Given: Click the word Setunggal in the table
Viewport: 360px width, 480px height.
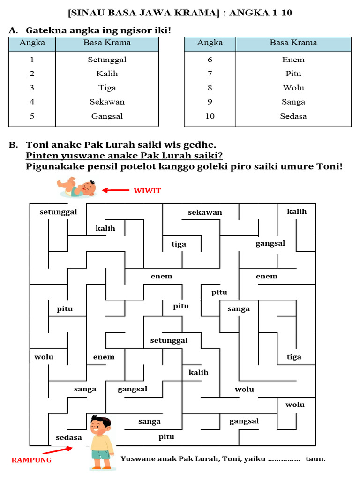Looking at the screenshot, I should (x=107, y=60).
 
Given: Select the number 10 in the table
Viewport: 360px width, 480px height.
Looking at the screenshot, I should (x=210, y=116).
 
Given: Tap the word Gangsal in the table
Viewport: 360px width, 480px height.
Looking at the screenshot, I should (x=107, y=116).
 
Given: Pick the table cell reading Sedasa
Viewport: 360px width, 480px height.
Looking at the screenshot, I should (x=293, y=116).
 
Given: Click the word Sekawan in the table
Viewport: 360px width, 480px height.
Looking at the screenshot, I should (x=107, y=102).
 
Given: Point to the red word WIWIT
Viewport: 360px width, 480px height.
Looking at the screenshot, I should (x=147, y=190).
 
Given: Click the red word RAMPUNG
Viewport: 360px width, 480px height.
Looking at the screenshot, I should (x=31, y=460).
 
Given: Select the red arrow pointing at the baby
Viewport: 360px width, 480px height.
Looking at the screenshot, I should (x=115, y=190).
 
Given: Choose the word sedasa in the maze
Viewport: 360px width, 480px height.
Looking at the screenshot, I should (x=69, y=437).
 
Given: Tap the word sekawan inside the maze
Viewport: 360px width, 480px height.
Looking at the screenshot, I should (x=205, y=212).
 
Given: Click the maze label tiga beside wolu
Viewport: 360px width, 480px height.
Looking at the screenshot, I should (x=294, y=357).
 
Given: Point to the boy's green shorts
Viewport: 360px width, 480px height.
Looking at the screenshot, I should (x=101, y=455).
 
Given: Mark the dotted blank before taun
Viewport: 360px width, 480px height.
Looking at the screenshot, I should (x=284, y=459).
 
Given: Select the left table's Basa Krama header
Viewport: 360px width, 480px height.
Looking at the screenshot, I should (x=107, y=43).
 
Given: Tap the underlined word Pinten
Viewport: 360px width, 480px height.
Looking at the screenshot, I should (x=41, y=155).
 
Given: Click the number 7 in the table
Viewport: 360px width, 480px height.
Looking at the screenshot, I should (x=210, y=74).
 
